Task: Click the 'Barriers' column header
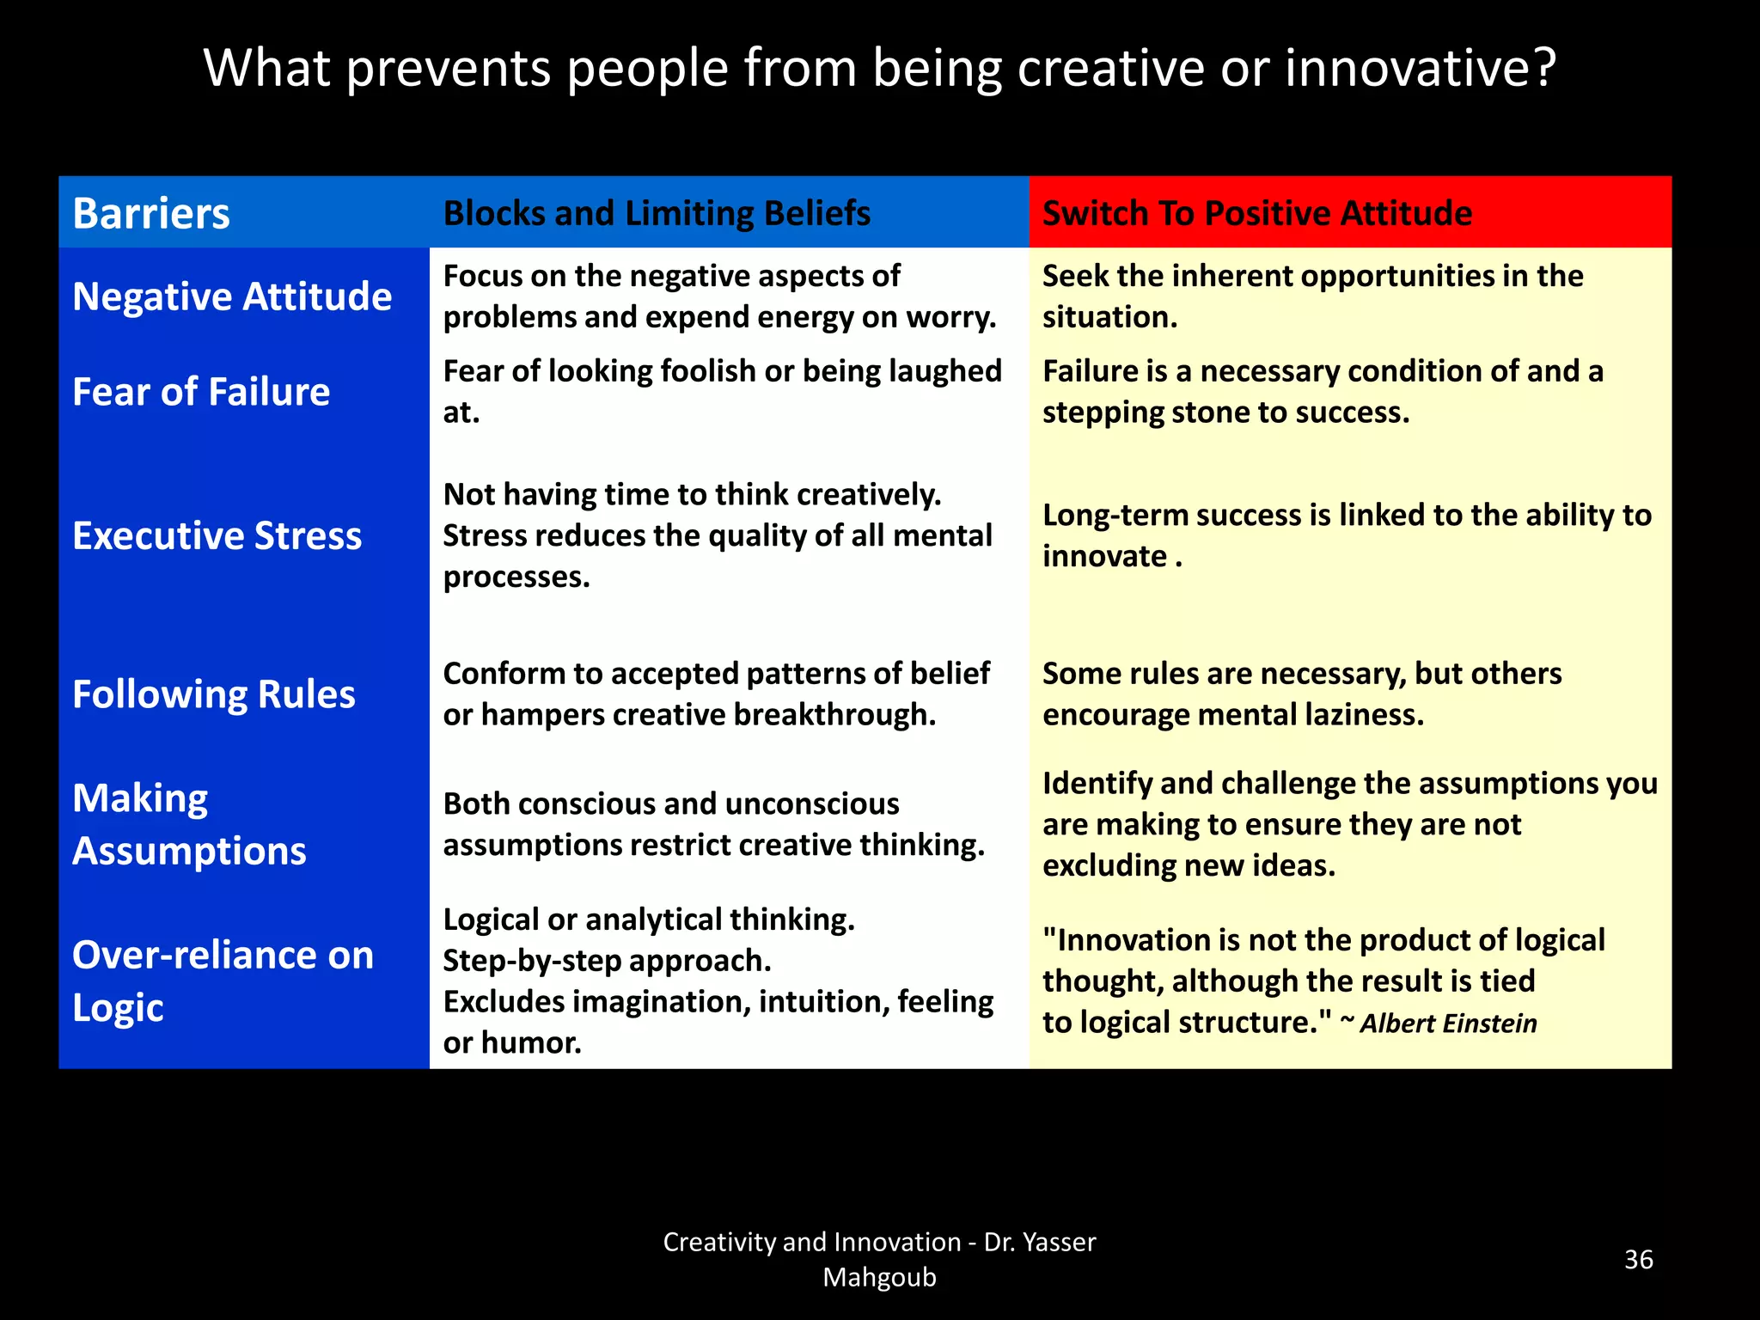[151, 213]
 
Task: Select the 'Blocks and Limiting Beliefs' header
[657, 213]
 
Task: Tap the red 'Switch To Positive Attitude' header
[1256, 213]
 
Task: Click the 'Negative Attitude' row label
[232, 296]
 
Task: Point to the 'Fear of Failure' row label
[201, 392]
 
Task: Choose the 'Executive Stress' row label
[217, 535]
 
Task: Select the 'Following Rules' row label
[214, 694]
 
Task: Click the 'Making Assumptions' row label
[189, 824]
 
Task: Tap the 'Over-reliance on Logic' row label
[223, 981]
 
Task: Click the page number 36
[1638, 1260]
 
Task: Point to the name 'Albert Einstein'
[1448, 1024]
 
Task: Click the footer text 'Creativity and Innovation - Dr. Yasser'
[879, 1242]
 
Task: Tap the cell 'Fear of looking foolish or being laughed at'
[722, 391]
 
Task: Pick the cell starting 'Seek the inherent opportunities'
[1312, 296]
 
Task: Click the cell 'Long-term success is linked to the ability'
[1347, 535]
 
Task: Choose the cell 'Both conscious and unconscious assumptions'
[713, 824]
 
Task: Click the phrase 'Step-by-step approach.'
[607, 961]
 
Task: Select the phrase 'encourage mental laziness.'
[1233, 715]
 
